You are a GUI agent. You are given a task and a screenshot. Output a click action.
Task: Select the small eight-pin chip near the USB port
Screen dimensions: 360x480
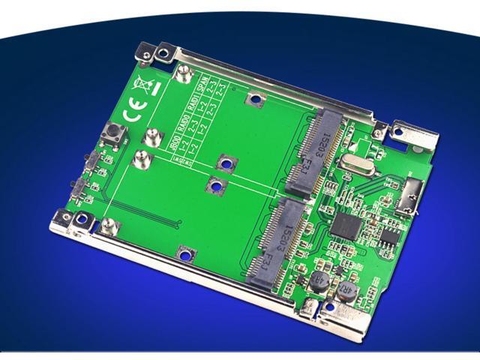click(x=388, y=234)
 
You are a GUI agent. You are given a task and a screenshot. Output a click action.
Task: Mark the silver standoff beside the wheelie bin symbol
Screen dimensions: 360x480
click(x=181, y=73)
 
